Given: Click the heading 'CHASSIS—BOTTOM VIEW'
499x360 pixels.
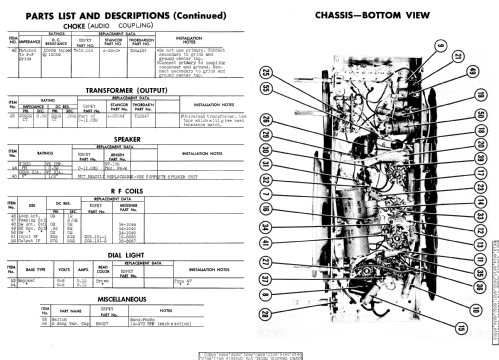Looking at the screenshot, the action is [x=400, y=17].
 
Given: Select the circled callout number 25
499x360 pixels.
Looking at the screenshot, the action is [x=267, y=72].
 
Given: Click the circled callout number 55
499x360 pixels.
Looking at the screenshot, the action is [x=267, y=89].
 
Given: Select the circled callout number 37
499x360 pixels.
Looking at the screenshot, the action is [x=266, y=279].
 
